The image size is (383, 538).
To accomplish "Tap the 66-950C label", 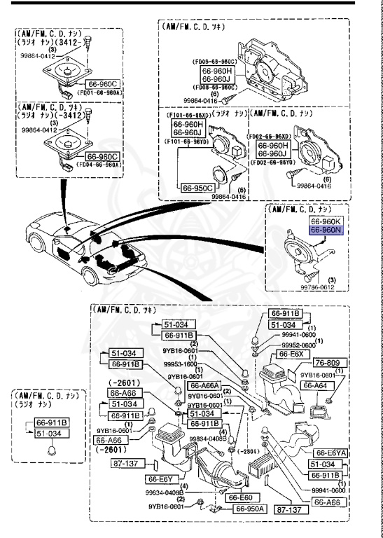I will pos(197,188).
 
